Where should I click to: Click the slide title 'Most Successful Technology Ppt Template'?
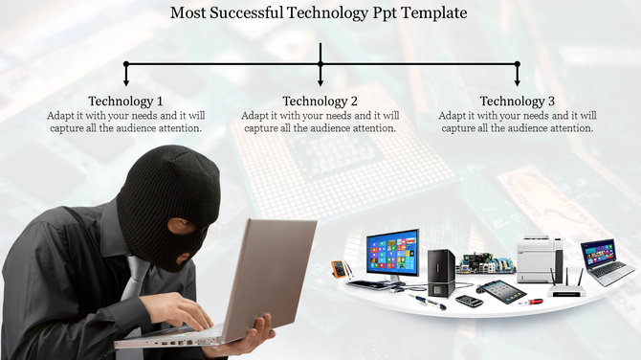tap(320, 13)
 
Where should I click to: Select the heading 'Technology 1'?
tap(125, 101)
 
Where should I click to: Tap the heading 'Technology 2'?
tap(320, 101)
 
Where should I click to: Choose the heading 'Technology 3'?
tap(517, 101)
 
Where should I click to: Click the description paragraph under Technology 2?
tap(320, 122)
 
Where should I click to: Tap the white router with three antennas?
tap(566, 284)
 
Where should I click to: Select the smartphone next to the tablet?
tap(469, 301)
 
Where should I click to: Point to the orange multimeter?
tap(339, 269)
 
